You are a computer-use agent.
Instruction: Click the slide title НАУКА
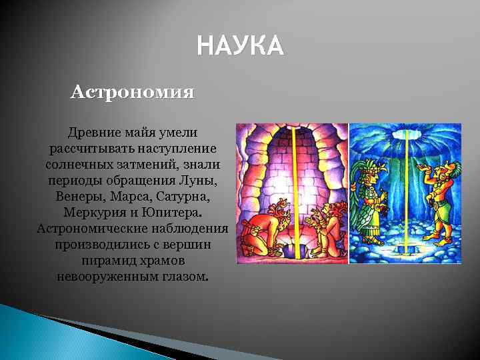click(x=240, y=47)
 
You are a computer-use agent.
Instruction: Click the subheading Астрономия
click(x=133, y=91)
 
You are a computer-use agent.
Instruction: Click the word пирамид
click(x=108, y=260)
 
